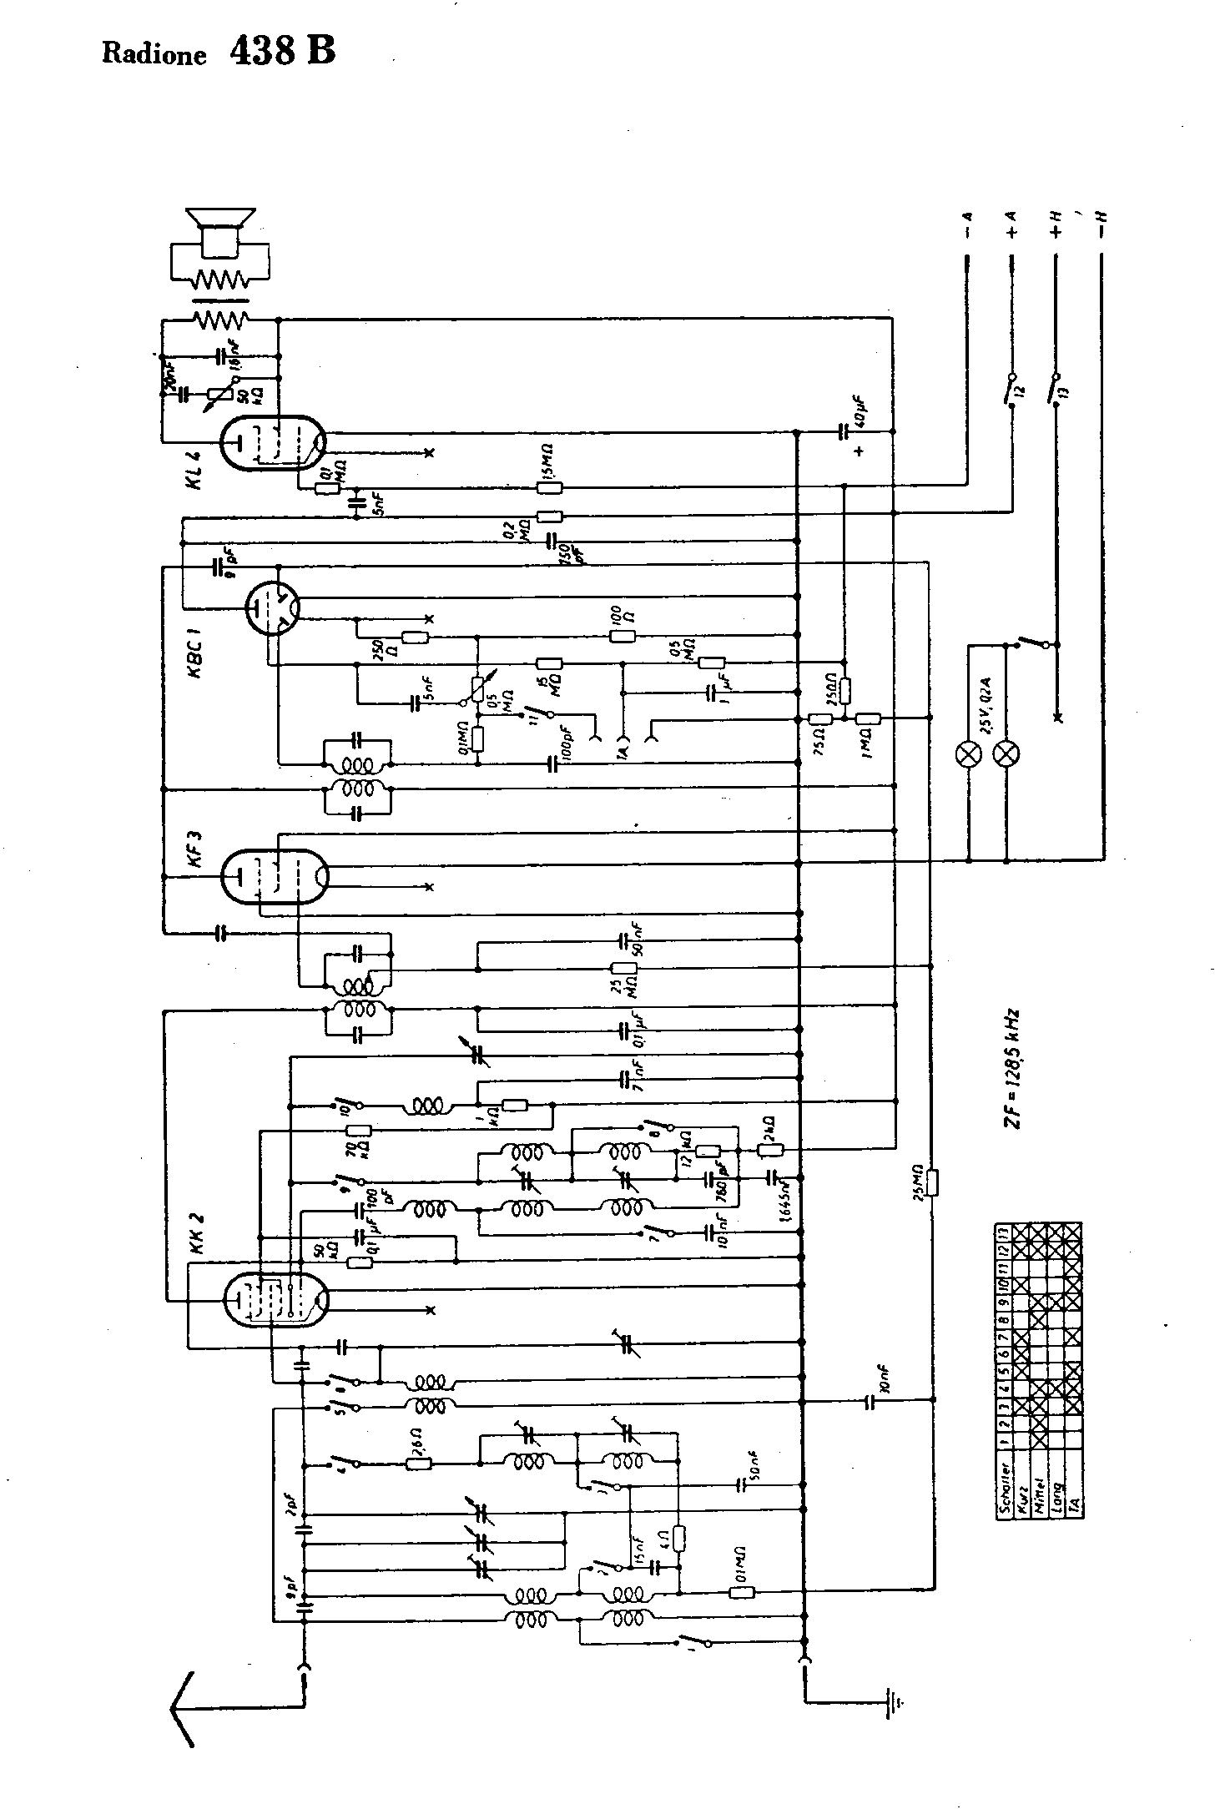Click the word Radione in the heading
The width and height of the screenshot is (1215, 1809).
[154, 55]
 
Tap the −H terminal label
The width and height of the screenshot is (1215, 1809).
[1102, 225]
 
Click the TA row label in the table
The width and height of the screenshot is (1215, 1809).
[1075, 1502]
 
